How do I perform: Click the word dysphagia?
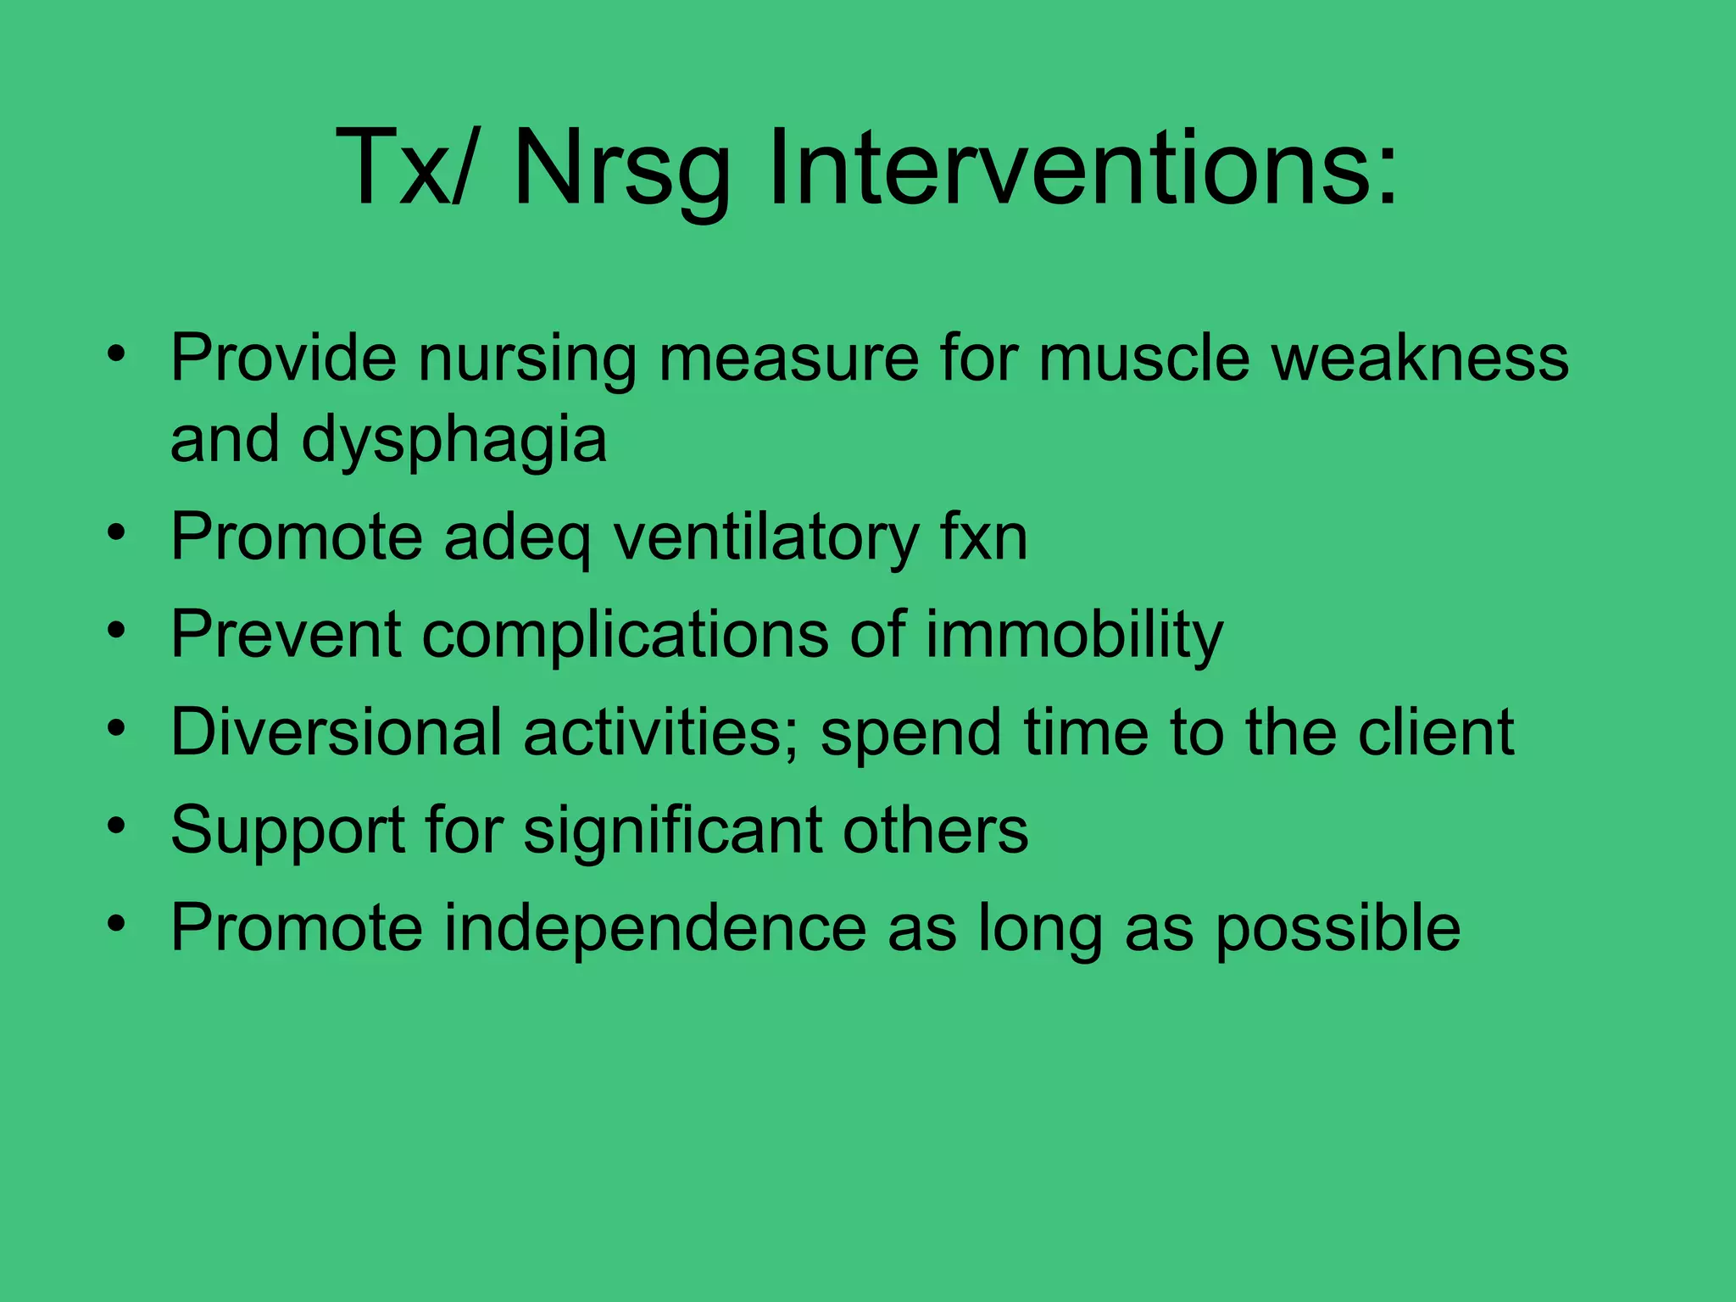453,441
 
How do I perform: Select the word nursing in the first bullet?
526,359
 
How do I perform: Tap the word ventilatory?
766,538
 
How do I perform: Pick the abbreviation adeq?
517,540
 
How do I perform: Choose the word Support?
287,831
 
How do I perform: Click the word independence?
654,927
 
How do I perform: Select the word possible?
1338,929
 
